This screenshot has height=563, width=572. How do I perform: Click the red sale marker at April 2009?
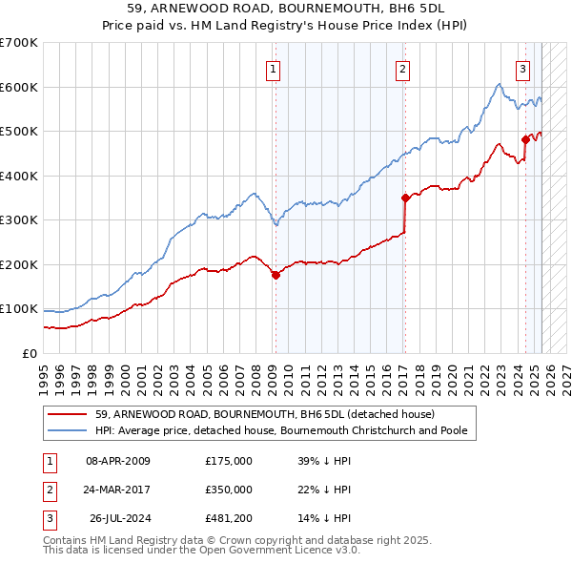276,275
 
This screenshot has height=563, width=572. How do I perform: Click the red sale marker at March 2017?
404,198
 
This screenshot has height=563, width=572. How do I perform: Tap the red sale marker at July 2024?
525,139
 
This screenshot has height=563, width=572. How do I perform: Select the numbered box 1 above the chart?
273,68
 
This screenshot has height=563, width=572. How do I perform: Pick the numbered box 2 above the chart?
403,68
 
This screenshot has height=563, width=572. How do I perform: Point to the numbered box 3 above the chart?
523,68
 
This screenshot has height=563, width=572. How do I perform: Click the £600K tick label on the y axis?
18,87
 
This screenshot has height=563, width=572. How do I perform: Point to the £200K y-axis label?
18,264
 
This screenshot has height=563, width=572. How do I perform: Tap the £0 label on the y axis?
29,353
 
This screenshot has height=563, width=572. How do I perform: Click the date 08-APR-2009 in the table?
118,460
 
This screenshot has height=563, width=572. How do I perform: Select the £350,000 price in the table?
229,490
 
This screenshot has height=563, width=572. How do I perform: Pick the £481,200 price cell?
229,519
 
